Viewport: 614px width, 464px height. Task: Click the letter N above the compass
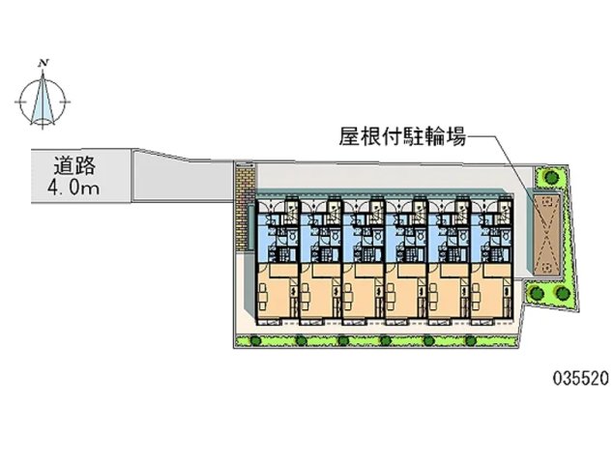tap(44, 63)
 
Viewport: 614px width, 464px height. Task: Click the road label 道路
tap(74, 165)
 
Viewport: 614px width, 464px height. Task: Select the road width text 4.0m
tap(73, 188)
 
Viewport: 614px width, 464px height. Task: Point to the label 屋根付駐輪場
tap(402, 138)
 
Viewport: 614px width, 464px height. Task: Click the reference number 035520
tap(581, 378)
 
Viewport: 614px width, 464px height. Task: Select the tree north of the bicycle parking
tap(551, 177)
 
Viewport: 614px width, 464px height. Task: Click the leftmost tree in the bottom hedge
tap(255, 340)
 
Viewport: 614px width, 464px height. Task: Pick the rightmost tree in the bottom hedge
tap(471, 340)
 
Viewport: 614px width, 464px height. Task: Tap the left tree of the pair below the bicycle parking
tap(535, 292)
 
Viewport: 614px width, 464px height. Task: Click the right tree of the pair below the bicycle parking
tap(563, 292)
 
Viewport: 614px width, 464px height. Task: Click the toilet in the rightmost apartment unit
tap(506, 236)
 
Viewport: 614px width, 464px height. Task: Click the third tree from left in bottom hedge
tap(343, 340)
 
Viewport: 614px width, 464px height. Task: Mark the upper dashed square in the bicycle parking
tap(547, 202)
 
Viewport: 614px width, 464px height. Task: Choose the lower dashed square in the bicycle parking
tap(547, 268)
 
